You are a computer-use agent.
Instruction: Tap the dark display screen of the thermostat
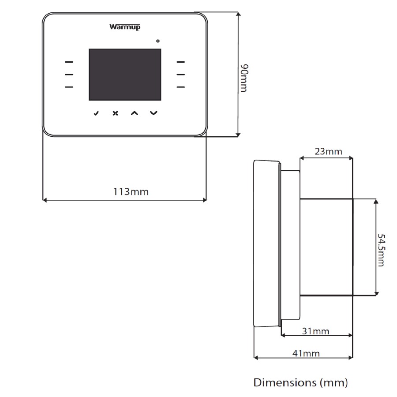point(125,75)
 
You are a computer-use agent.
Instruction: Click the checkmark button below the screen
point(96,113)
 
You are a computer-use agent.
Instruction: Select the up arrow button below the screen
point(134,113)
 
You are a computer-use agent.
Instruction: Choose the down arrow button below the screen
point(153,113)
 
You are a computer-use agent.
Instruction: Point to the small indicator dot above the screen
point(158,41)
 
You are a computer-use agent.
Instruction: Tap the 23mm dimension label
point(328,152)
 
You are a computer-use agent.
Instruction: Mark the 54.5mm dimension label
point(381,250)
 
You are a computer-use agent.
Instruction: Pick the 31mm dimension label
point(316,331)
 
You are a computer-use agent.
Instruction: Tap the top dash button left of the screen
point(68,62)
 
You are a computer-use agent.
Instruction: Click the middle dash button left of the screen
point(68,75)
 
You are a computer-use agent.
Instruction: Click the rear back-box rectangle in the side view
point(326,247)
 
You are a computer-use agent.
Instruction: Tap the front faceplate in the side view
point(266,244)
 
